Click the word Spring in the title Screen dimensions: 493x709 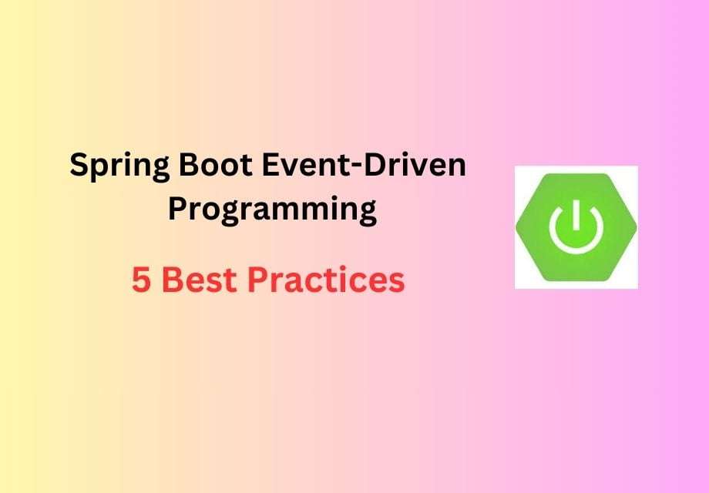click(x=116, y=167)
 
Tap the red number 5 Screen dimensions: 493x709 click(x=141, y=281)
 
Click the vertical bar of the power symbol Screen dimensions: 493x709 click(x=576, y=216)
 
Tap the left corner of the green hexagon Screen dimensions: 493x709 click(x=518, y=227)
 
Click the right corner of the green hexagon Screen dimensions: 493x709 click(x=634, y=227)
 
